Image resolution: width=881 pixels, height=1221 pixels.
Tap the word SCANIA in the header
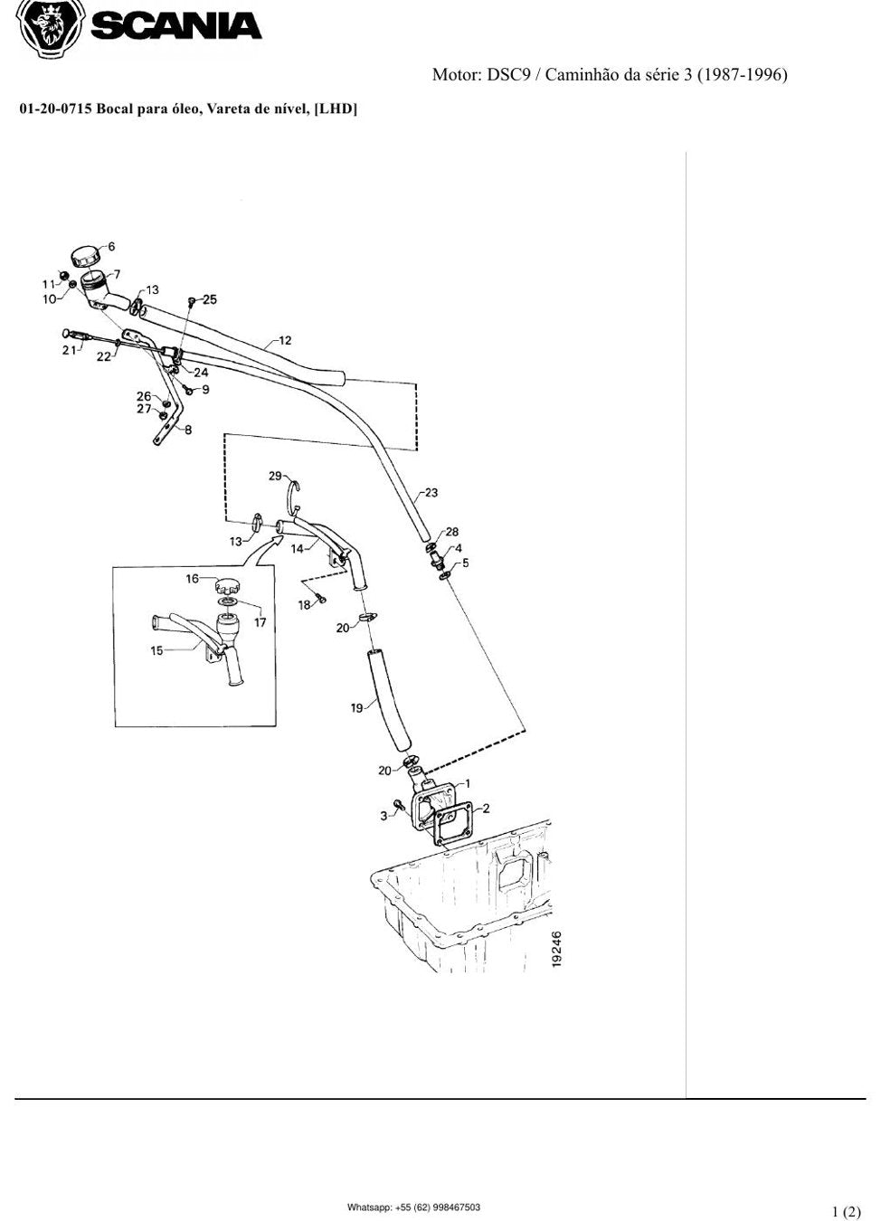pyautogui.click(x=176, y=25)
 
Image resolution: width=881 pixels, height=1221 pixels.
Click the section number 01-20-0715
pyautogui.click(x=55, y=109)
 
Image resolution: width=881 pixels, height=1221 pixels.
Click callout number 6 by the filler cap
pyautogui.click(x=111, y=246)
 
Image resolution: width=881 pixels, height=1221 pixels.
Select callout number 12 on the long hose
pyautogui.click(x=285, y=341)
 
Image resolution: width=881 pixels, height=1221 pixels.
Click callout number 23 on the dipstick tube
pyautogui.click(x=431, y=493)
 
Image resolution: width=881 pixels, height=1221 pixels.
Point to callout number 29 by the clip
pyautogui.click(x=275, y=476)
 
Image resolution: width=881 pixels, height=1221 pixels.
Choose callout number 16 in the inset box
pyautogui.click(x=193, y=578)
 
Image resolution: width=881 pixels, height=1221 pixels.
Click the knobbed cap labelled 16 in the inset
pyautogui.click(x=227, y=587)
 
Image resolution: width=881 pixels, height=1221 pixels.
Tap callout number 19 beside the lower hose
pyautogui.click(x=356, y=708)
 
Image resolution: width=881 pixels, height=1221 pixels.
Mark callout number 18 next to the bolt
pyautogui.click(x=304, y=605)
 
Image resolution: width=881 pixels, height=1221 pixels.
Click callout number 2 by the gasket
pyautogui.click(x=486, y=808)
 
